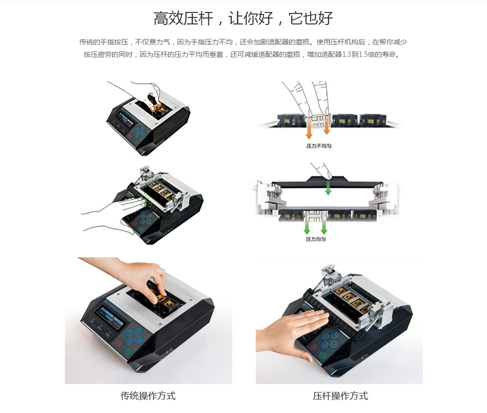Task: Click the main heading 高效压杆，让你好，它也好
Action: tap(243, 18)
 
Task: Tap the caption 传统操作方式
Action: tap(148, 396)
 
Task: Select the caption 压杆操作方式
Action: tap(340, 396)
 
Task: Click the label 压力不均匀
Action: tap(319, 146)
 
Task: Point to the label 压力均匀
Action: tap(316, 239)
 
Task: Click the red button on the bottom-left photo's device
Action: tap(118, 343)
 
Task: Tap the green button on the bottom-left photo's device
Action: tap(127, 351)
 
